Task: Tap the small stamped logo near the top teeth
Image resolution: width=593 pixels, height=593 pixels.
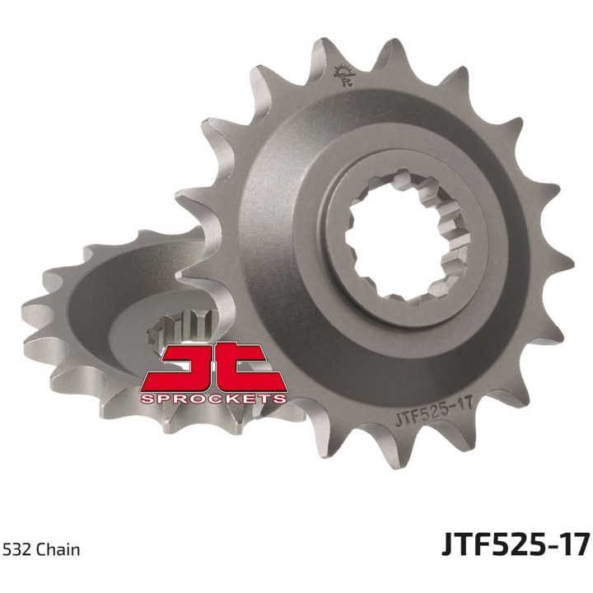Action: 345,75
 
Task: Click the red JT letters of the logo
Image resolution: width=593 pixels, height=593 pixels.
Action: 212,367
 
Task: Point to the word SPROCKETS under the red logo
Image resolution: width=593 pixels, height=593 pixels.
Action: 213,399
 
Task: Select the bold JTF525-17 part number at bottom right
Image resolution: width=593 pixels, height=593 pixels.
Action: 516,544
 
